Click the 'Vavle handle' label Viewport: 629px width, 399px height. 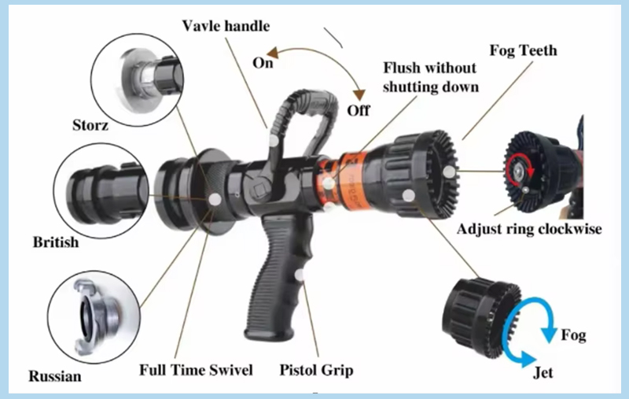[x=226, y=26]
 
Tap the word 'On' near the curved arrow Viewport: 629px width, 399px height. [x=263, y=63]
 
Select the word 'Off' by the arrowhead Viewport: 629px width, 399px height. [x=359, y=110]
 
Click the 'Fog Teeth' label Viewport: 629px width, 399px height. [x=523, y=50]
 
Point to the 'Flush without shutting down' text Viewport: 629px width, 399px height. [x=430, y=77]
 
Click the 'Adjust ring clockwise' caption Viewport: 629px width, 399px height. [x=529, y=229]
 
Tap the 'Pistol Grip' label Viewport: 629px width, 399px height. [x=316, y=370]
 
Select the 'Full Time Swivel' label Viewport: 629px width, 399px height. [x=196, y=370]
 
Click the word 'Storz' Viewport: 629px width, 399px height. [x=90, y=125]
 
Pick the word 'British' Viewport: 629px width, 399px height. [x=56, y=242]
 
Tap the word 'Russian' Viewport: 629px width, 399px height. [x=55, y=376]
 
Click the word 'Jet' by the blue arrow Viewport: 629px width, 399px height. [x=543, y=373]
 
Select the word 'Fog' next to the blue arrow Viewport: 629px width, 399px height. [x=573, y=335]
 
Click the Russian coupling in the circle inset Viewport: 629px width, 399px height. [x=95, y=317]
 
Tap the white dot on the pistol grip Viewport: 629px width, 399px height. [x=300, y=275]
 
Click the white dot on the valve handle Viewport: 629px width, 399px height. [x=274, y=141]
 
